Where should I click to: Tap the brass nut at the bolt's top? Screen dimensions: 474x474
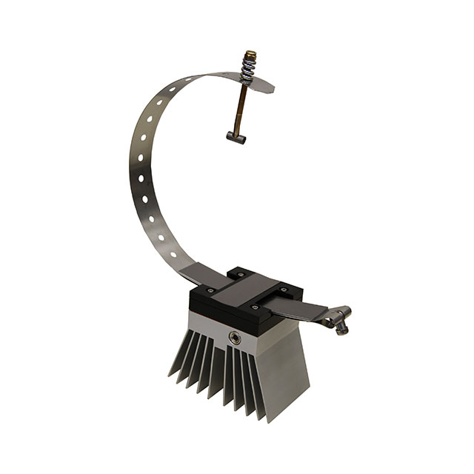(x=249, y=57)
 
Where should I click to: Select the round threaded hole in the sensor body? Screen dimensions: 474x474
(x=236, y=338)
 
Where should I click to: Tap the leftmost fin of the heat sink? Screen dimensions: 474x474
(x=178, y=363)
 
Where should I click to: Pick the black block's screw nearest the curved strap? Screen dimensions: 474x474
(x=210, y=290)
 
